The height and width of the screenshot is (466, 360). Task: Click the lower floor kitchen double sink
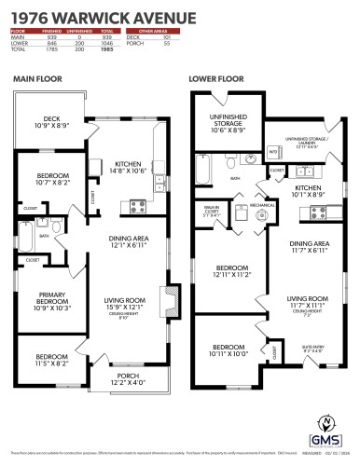tap(308, 171)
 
